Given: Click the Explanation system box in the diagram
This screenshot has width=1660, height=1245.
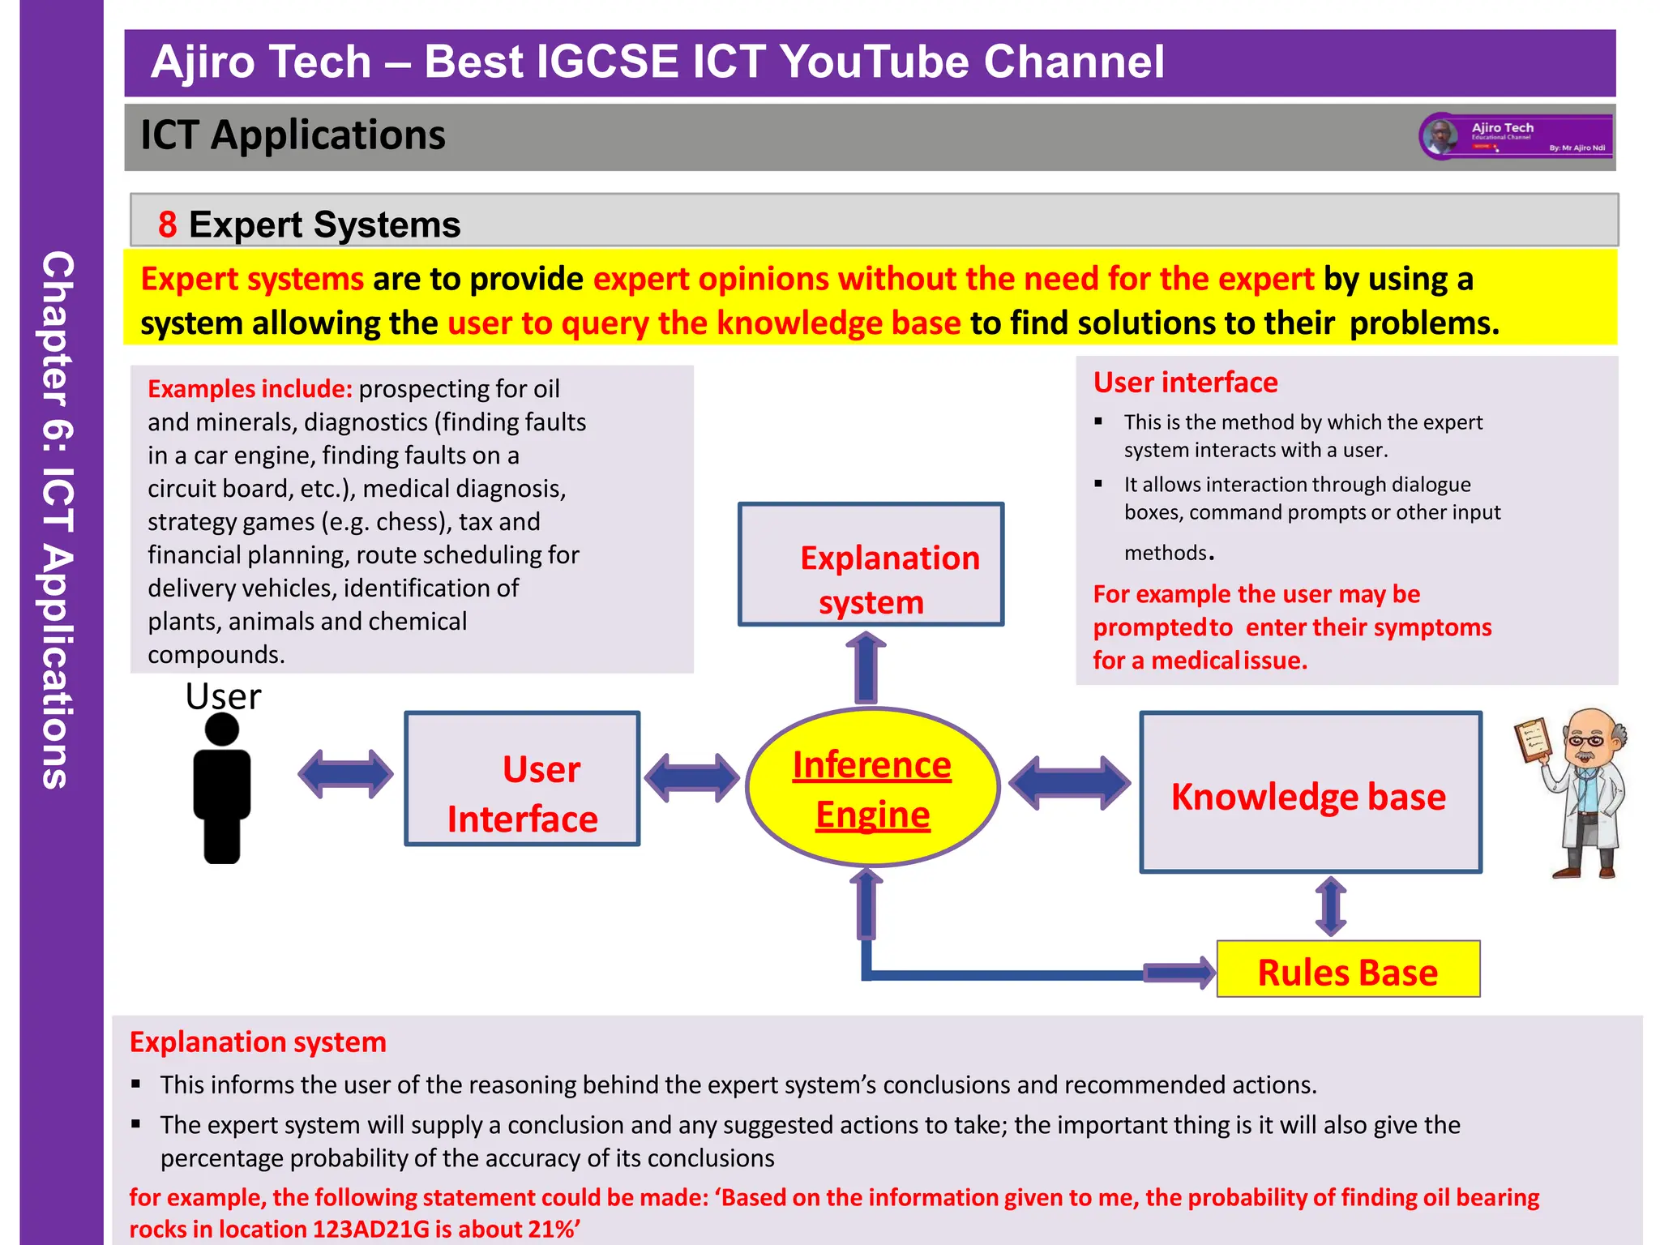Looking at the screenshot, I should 871,564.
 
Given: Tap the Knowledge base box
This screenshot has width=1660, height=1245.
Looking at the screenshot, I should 1310,793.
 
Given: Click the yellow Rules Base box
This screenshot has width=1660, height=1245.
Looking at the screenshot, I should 1348,969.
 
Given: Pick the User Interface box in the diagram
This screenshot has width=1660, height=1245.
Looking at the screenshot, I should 522,779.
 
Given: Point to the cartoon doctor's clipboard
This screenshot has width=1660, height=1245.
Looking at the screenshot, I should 1533,740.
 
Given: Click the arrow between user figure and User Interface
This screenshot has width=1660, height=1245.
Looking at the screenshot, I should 346,774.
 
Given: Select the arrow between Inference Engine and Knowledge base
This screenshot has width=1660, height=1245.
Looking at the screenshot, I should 1069,783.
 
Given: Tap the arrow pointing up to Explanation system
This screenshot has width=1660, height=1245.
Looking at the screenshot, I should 866,669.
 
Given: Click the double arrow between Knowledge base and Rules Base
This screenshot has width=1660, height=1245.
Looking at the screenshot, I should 1331,906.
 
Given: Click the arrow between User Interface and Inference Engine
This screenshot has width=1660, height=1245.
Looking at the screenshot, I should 691,777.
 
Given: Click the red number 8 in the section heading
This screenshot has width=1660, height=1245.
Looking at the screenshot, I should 168,225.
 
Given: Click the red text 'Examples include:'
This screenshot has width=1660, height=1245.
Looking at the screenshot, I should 250,389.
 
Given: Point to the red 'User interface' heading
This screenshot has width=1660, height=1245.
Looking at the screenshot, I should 1185,383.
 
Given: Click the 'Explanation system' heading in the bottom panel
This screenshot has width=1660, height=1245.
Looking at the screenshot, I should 258,1042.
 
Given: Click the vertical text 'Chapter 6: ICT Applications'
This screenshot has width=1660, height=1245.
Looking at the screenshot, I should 58,519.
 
